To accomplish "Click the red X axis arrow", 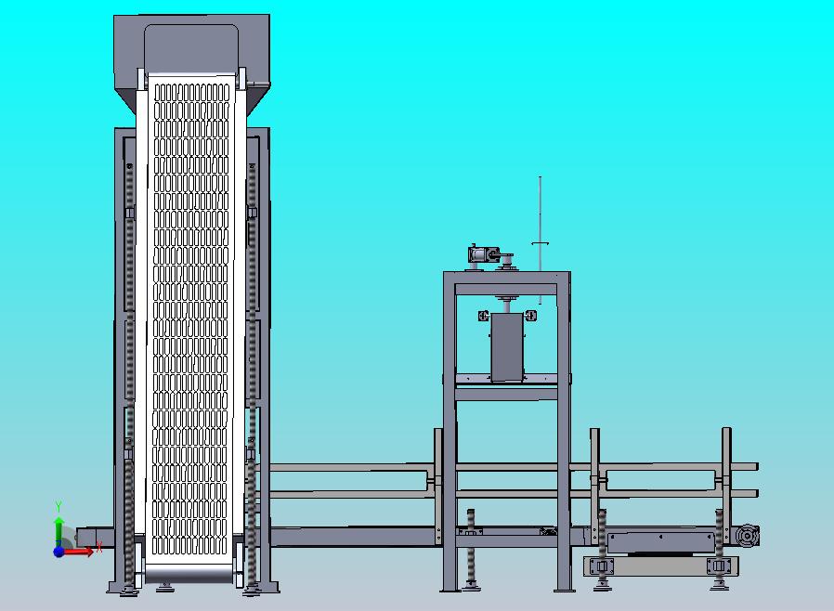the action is (78, 552).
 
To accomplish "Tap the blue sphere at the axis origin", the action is (59, 552).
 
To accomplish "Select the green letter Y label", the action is (59, 506).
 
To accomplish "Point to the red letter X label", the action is (99, 547).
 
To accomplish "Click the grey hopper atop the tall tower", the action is (191, 58).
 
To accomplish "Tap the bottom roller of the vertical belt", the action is (189, 574).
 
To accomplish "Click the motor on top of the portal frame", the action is (483, 254).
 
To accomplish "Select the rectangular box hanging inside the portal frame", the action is (507, 347).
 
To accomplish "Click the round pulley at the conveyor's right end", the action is (748, 536).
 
